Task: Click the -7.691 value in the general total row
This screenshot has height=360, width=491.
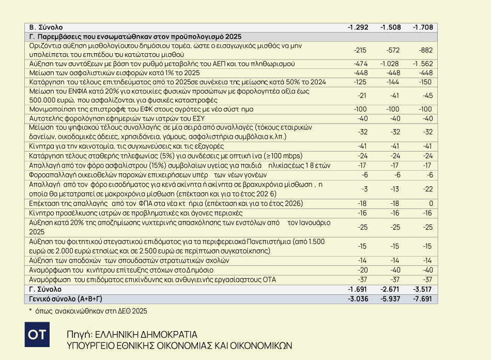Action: (423, 298)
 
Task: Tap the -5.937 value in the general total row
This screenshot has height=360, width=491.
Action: (391, 298)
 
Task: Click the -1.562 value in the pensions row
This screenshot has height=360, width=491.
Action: (423, 64)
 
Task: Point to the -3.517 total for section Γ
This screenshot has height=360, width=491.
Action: (423, 289)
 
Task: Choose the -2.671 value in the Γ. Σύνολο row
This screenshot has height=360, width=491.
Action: (391, 289)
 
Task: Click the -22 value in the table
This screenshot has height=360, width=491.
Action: (427, 189)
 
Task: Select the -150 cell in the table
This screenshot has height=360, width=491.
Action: (426, 82)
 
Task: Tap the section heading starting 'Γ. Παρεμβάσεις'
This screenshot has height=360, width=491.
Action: (135, 37)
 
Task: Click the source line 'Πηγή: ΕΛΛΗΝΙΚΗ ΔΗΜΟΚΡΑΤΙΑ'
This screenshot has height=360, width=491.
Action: (132, 334)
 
